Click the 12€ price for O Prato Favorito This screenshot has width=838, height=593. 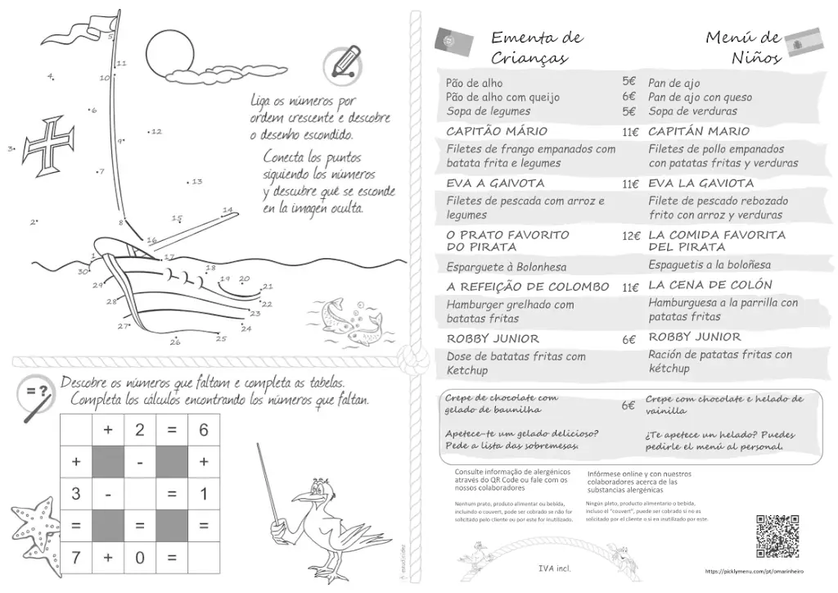(x=629, y=236)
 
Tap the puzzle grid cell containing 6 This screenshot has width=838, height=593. (x=204, y=430)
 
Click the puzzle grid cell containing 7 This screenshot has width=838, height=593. (x=76, y=558)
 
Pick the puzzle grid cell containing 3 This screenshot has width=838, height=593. (x=76, y=494)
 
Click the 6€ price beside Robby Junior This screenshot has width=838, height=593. (x=628, y=339)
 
